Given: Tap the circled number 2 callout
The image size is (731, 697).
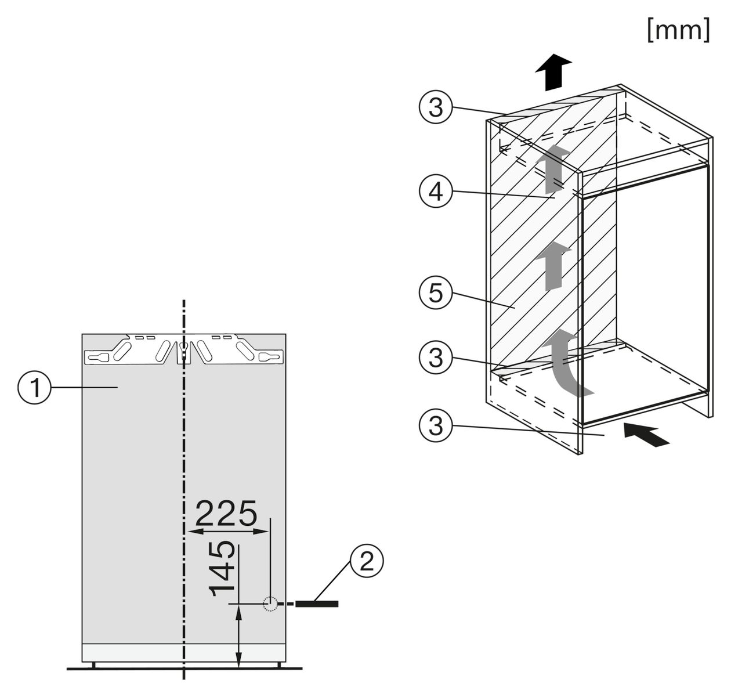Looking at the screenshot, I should [x=367, y=562].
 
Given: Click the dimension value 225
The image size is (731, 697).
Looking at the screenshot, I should [x=226, y=514].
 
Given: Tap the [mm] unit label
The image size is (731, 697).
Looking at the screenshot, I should [x=678, y=30].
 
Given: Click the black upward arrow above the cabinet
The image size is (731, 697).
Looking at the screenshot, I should [x=552, y=72].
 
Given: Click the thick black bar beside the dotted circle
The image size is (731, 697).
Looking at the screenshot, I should [x=317, y=604].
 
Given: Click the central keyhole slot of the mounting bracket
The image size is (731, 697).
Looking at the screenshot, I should [x=184, y=351].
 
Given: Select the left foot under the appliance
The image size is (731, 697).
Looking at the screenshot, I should [x=93, y=665].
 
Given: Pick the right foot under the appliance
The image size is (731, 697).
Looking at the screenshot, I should [x=279, y=665].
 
